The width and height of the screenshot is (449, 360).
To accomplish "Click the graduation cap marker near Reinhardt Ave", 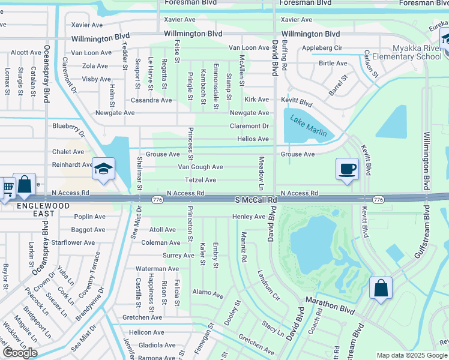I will pos(103,170).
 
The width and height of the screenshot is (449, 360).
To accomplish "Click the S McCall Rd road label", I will pos(255,199).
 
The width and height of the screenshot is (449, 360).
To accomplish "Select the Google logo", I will pos(20,352).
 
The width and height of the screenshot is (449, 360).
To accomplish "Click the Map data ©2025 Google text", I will pos(411,355).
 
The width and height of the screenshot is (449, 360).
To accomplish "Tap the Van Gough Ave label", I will pos(200,167).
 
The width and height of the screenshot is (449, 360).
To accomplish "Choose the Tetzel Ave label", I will pos(200,180).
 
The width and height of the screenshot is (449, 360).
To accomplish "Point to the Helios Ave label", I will pos(253,139).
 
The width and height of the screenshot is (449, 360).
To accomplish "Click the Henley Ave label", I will pos(249,217).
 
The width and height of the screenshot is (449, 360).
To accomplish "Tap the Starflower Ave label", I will pos(73,243).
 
